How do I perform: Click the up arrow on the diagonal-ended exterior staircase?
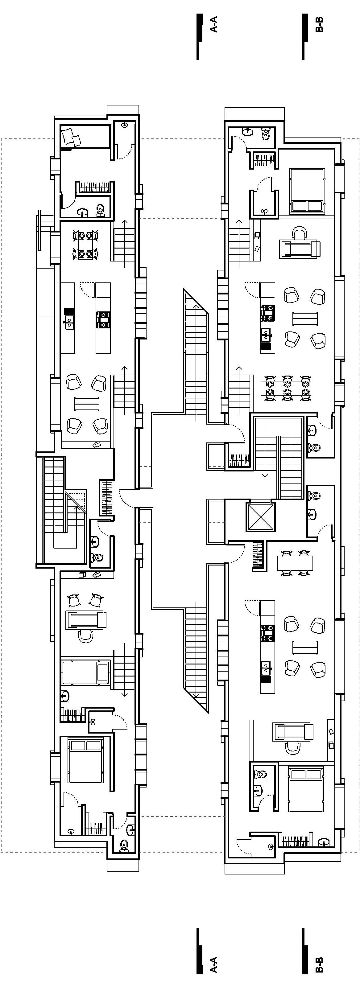click(196, 306)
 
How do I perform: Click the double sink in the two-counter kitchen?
click(69, 323)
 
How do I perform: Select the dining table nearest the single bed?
click(85, 244)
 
